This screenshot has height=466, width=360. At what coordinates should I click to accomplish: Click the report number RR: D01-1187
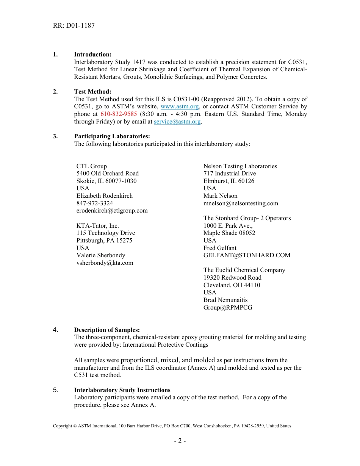(74, 26)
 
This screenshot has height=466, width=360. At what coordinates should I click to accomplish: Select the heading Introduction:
(92, 55)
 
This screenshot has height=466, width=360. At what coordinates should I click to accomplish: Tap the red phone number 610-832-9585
(119, 114)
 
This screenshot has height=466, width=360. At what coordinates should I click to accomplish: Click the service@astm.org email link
(177, 122)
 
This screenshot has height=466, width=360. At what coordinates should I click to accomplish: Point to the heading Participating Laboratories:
(112, 136)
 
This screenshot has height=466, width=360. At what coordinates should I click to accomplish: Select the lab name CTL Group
(92, 166)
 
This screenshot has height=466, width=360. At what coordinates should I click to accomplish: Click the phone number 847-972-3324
(94, 203)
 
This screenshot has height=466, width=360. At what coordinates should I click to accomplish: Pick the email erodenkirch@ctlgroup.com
(112, 211)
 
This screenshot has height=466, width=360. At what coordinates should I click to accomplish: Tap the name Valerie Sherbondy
(100, 255)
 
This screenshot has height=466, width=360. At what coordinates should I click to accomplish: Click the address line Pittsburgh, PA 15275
(104, 241)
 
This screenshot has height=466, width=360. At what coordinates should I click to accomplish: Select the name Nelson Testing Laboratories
(240, 166)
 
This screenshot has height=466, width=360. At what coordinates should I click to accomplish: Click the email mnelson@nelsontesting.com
(241, 203)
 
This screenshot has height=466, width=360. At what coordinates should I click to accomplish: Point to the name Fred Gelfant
(220, 248)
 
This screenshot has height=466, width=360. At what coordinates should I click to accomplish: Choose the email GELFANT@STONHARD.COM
(247, 255)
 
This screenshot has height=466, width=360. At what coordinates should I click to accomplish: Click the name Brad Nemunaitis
(225, 300)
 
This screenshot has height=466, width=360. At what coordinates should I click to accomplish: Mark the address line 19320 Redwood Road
(232, 278)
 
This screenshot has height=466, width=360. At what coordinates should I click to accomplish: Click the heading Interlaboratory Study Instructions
(122, 390)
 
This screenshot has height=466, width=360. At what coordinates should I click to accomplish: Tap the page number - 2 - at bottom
(180, 441)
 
